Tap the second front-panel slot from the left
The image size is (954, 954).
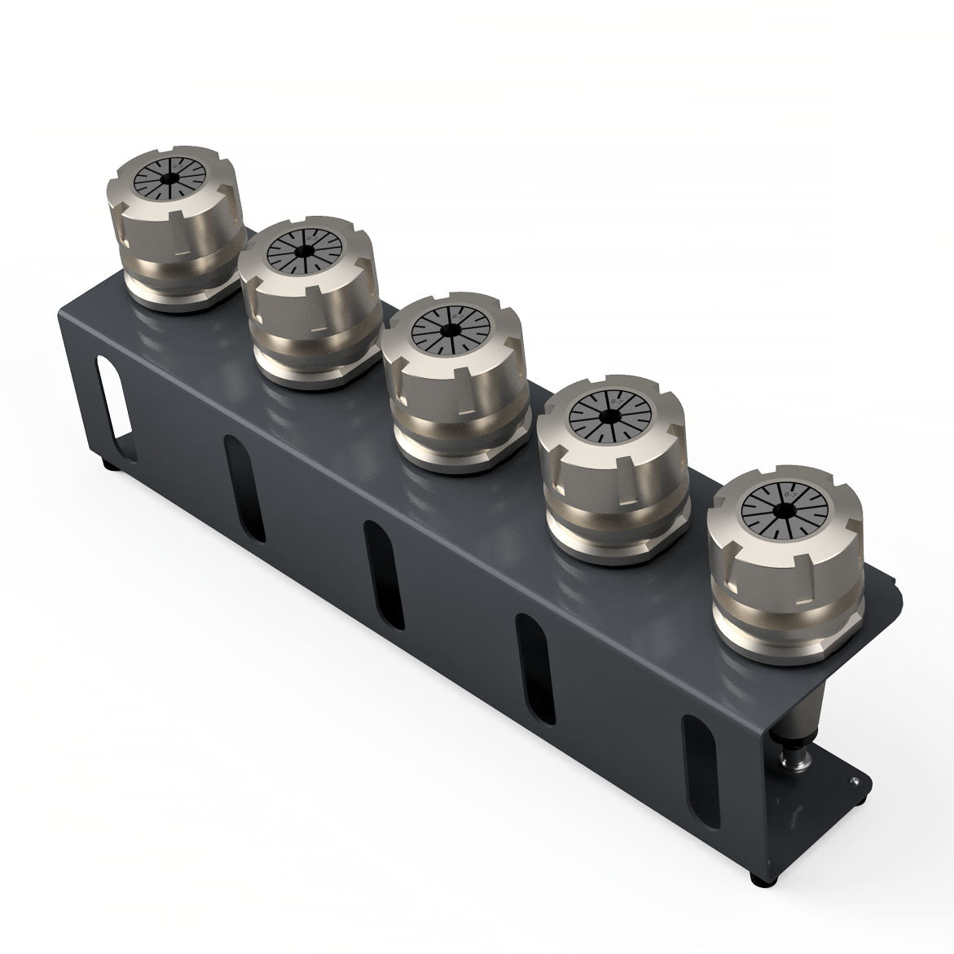382,575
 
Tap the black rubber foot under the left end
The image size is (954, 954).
109,466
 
